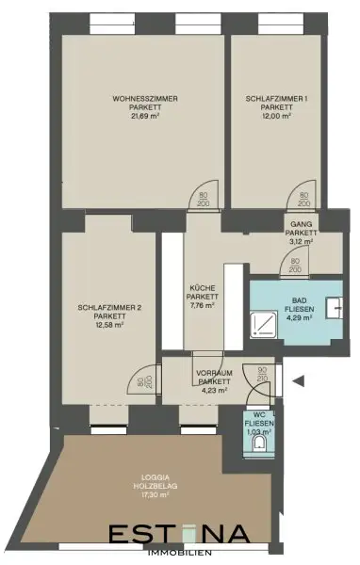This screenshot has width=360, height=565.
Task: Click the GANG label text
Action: tap(300, 223)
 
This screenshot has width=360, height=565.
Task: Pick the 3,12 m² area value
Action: tap(300, 241)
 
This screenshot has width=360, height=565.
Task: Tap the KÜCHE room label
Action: tap(201, 287)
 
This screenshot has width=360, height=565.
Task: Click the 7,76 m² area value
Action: tap(201, 305)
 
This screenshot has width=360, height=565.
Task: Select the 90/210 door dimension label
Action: tap(261, 376)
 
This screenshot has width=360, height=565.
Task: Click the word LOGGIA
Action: tap(139, 476)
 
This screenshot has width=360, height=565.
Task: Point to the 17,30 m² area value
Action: tap(139, 494)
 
